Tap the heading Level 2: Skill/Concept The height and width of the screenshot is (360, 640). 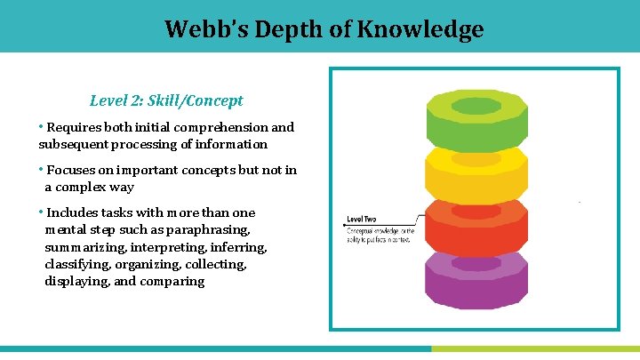click(166, 101)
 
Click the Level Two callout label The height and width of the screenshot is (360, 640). click(362, 218)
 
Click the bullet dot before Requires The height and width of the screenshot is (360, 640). click(41, 127)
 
